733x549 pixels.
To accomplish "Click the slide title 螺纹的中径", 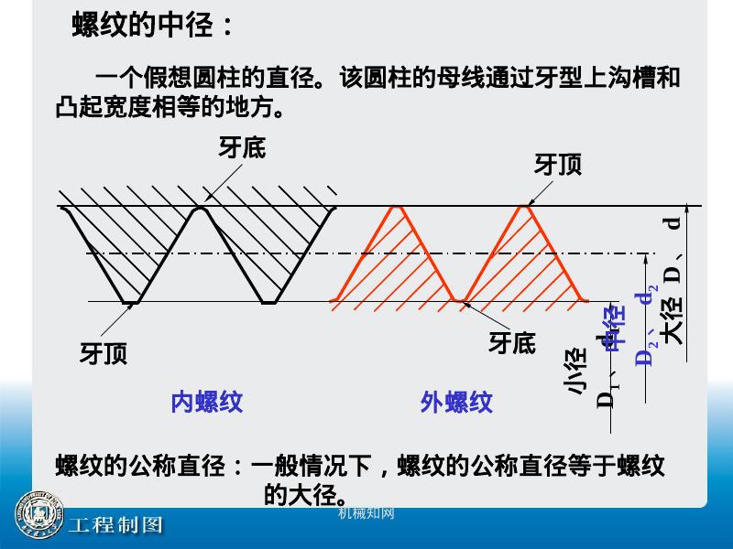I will click(x=152, y=26).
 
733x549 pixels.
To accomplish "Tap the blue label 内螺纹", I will click(x=207, y=402).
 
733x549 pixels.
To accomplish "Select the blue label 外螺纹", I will click(x=456, y=402).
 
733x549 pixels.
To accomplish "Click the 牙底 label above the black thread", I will click(x=242, y=147).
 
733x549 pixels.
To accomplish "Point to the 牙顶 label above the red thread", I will click(x=558, y=165).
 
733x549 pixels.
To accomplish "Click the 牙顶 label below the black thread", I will click(x=104, y=353).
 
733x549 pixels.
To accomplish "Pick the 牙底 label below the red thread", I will click(x=511, y=342).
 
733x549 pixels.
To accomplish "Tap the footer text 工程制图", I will click(x=116, y=525).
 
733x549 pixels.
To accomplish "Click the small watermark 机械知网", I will click(x=366, y=513).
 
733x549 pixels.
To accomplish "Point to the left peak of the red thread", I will click(x=398, y=207).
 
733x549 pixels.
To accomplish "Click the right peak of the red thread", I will click(x=525, y=207).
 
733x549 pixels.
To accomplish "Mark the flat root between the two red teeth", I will click(x=461, y=300).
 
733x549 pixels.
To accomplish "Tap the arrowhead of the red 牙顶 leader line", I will click(x=530, y=202).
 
